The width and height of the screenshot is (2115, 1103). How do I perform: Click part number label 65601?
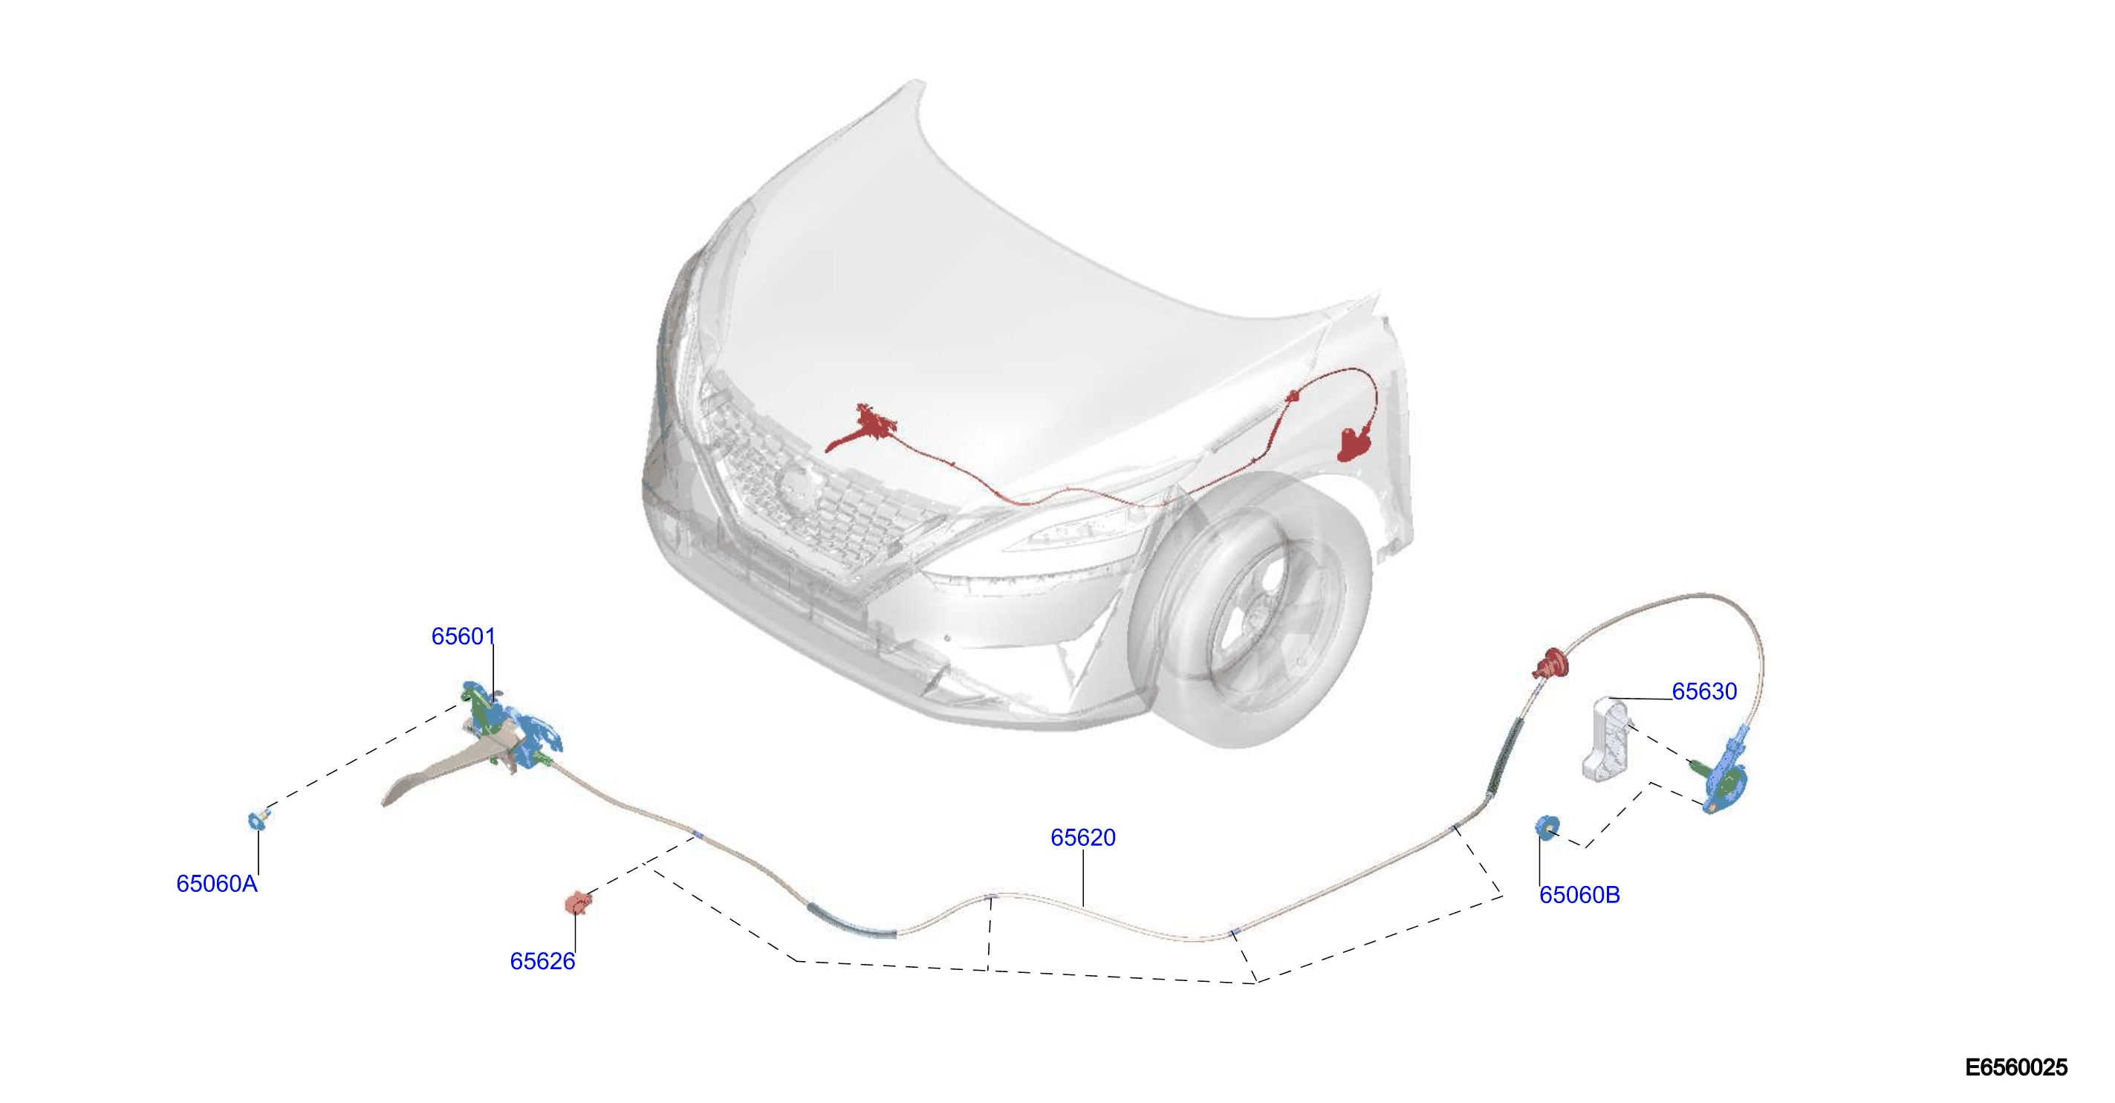tap(463, 636)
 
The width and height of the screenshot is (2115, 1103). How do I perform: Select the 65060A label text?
tap(217, 884)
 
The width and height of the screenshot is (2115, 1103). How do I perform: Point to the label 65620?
tap(1083, 838)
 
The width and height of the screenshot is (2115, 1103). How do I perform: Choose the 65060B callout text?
tap(1579, 895)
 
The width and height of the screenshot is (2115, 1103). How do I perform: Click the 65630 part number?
tap(1704, 691)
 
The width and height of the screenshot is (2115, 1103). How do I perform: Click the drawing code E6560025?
tap(2016, 1067)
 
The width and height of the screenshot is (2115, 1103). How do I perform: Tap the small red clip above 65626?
tap(578, 902)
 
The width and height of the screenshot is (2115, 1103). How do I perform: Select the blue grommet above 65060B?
tap(1547, 828)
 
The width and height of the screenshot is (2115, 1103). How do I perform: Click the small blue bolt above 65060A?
tap(258, 819)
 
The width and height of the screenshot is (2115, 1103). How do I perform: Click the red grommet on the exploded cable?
tap(1550, 663)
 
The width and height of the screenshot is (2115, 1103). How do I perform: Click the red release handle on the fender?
tap(1356, 444)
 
